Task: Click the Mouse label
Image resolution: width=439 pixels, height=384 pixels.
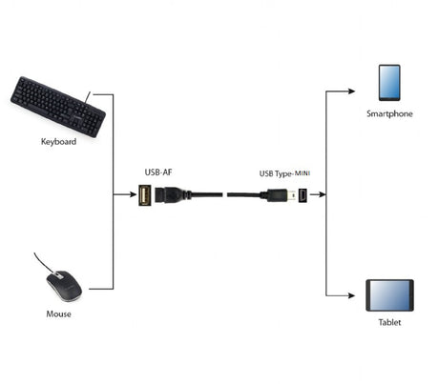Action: (x=58, y=313)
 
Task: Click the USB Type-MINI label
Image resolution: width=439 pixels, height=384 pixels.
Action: (x=285, y=173)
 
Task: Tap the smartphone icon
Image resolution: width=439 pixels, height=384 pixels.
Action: (x=388, y=83)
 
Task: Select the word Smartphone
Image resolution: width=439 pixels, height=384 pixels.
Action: (x=389, y=113)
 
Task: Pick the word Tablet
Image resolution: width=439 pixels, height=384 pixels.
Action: (x=389, y=323)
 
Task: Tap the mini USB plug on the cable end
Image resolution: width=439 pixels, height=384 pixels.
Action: (x=282, y=194)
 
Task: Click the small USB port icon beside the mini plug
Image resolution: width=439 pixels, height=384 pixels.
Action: (x=302, y=194)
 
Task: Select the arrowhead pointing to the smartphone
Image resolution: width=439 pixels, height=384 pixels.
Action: (x=351, y=92)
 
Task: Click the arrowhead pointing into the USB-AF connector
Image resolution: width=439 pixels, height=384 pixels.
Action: (x=133, y=194)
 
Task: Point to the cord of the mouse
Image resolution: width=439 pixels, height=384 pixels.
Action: (x=44, y=262)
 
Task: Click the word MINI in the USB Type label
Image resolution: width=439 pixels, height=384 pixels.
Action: (x=301, y=173)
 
